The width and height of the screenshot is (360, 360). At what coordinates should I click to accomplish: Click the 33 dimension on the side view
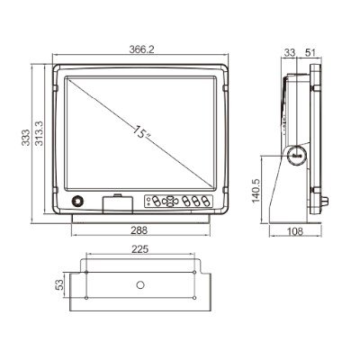coord(290,53)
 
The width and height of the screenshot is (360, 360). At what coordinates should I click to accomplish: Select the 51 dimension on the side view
coord(310,53)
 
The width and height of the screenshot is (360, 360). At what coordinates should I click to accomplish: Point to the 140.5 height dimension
coord(256,192)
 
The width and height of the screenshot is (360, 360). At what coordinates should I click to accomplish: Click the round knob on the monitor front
coord(78,202)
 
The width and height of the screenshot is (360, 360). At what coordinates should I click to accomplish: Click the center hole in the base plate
coord(140,284)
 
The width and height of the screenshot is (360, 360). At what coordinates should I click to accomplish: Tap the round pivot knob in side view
coord(297,155)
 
